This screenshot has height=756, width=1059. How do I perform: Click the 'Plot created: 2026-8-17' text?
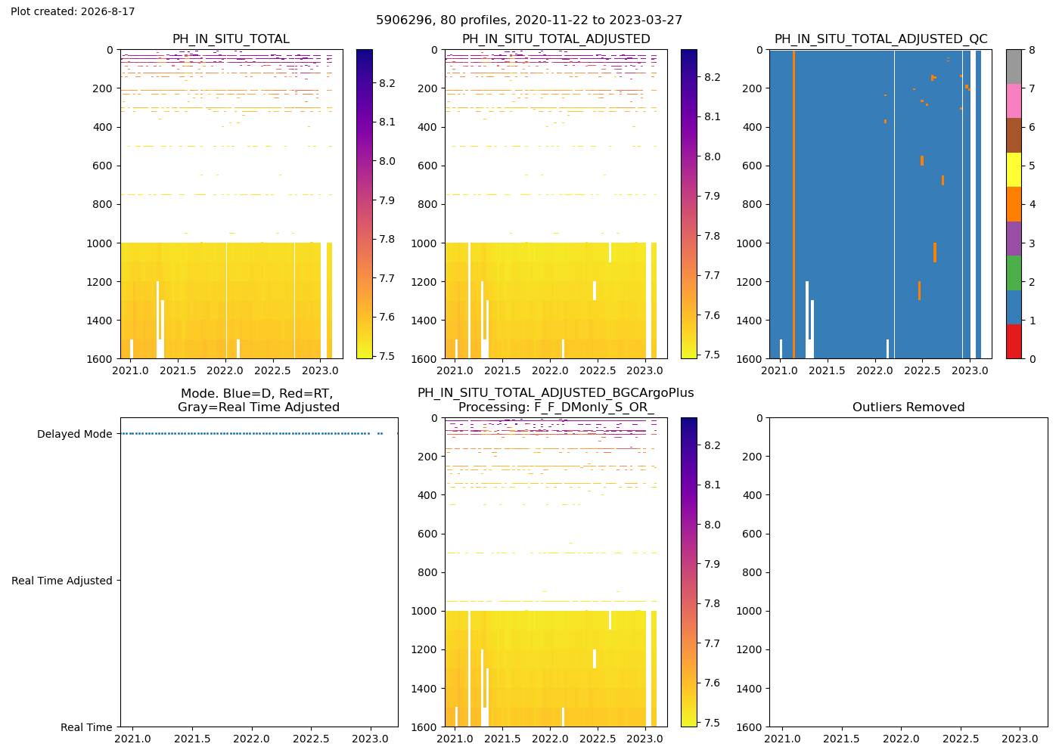tap(73, 11)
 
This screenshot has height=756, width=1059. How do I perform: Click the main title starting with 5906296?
tap(529, 20)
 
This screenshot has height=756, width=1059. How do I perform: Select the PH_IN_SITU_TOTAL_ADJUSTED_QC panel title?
tap(880, 39)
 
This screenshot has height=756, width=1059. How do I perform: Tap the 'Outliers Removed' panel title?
tap(908, 407)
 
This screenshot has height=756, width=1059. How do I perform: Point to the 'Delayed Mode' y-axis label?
tap(75, 434)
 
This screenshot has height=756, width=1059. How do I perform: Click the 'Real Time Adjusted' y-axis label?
tap(62, 581)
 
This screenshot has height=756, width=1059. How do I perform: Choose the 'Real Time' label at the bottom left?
tap(86, 727)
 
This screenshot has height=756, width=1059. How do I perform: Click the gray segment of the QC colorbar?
tap(1014, 67)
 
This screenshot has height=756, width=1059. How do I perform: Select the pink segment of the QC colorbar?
tap(1014, 101)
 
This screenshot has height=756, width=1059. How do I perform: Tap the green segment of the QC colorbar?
tap(1014, 273)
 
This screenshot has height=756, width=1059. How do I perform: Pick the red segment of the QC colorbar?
tap(1014, 342)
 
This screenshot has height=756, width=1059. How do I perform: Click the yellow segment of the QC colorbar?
tap(1014, 169)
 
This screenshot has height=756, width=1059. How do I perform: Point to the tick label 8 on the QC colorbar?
tap(1032, 50)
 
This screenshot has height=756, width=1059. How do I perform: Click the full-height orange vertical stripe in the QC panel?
tap(793, 204)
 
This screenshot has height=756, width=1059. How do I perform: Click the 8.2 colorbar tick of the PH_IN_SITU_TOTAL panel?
tap(387, 83)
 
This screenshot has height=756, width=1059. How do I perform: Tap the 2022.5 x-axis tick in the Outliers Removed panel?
tap(961, 739)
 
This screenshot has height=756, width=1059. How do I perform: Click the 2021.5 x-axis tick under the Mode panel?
tap(192, 739)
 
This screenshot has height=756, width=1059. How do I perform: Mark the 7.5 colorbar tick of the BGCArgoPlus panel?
tap(712, 723)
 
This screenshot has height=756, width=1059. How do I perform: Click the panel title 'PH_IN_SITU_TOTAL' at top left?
tap(231, 39)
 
